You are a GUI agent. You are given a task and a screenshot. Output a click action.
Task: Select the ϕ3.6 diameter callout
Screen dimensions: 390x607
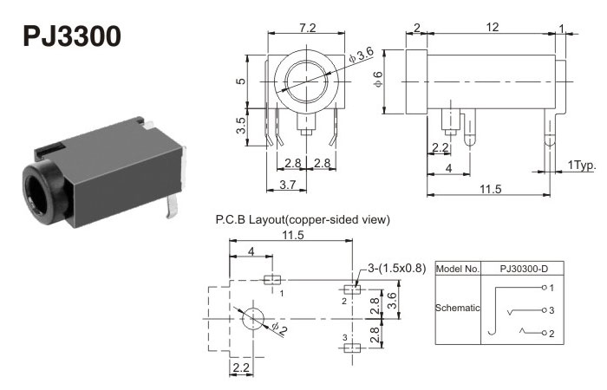click(362, 55)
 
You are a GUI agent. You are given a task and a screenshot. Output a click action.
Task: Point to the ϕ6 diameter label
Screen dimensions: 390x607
click(378, 80)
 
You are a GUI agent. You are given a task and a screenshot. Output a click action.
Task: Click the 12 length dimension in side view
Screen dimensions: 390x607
click(492, 29)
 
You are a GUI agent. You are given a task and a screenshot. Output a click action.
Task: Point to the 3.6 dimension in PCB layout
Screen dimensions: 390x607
click(393, 301)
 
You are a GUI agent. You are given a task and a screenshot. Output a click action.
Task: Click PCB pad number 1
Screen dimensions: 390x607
click(271, 280)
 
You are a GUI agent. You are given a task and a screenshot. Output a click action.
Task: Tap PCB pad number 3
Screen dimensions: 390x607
click(350, 348)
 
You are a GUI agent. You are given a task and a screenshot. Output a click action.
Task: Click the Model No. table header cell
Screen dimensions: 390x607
click(457, 269)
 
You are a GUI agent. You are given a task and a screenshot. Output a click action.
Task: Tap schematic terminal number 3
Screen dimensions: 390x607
click(552, 309)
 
